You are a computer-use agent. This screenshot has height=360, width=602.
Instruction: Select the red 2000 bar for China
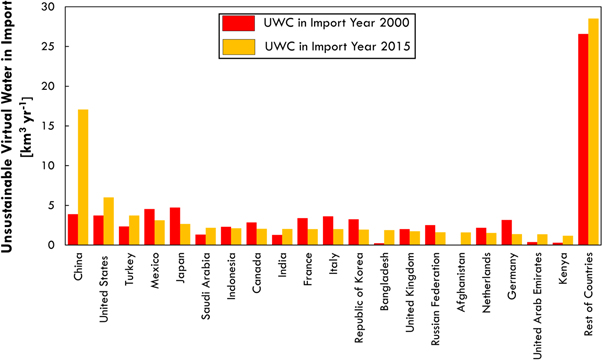click(x=72, y=230)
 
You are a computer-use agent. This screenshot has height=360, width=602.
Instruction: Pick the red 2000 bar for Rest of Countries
click(x=583, y=139)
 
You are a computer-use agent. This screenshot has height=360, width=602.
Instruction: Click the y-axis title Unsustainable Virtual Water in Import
click(x=14, y=125)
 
